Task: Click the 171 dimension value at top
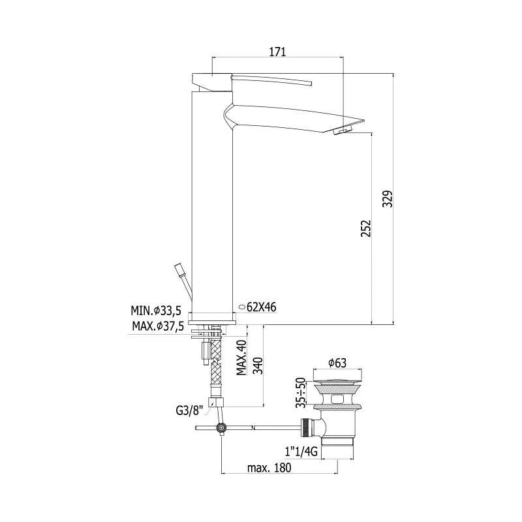point(278,52)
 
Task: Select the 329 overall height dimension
point(388,199)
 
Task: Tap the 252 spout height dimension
point(366,228)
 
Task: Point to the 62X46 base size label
point(262,307)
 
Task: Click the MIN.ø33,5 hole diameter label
point(156,311)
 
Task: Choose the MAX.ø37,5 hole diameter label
point(158,326)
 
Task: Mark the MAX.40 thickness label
point(242,357)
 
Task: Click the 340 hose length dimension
point(258,365)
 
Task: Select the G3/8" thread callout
point(189,411)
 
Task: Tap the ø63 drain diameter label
point(337,363)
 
